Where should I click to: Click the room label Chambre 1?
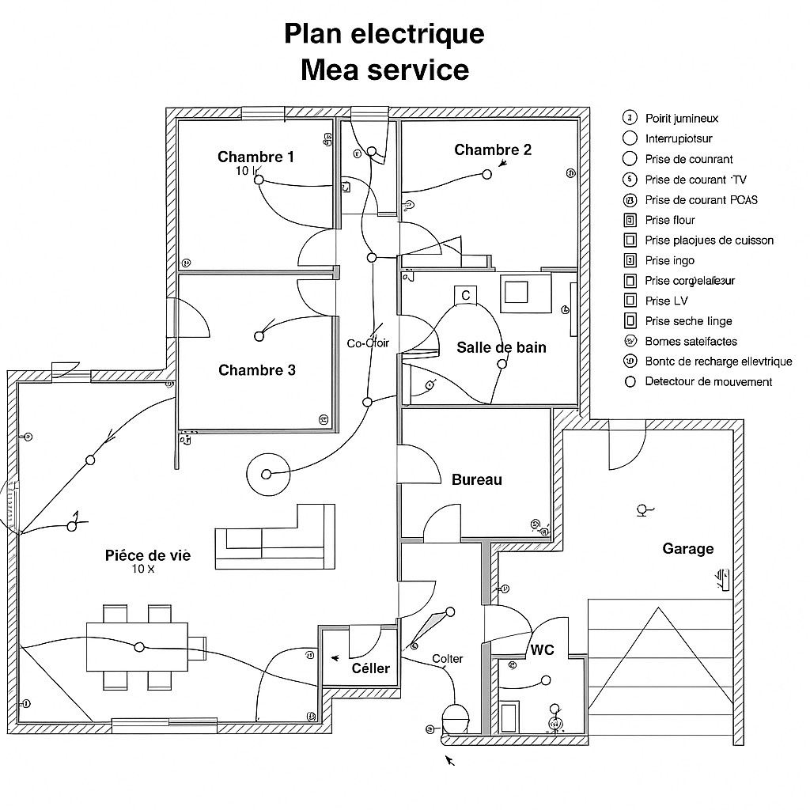point(255,157)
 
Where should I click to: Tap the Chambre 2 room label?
point(493,150)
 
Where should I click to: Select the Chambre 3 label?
point(256,370)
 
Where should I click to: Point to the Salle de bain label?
point(502,347)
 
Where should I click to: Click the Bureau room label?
point(476,479)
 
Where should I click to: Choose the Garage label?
point(687,548)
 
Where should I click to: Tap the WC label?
point(543,649)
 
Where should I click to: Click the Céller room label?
point(370,668)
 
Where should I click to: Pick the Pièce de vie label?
point(148,555)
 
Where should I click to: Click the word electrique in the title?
point(418,34)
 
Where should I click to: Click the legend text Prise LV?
point(667,301)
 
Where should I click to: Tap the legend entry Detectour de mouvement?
point(709,381)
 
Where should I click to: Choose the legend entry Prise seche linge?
point(688,321)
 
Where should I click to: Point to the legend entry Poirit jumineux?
point(682,119)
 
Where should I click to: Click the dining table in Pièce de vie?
point(137,637)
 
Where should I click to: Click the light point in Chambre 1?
point(259,180)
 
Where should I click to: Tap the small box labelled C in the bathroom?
point(465,295)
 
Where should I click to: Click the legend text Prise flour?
point(670,220)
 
